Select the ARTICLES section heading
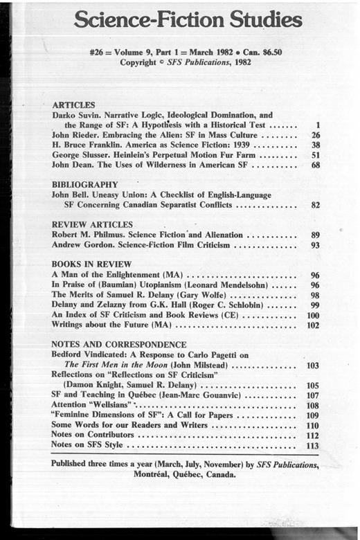(75, 102)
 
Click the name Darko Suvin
(75, 114)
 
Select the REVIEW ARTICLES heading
(92, 224)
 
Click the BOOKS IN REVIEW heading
(90, 264)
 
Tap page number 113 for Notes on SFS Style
(313, 447)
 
